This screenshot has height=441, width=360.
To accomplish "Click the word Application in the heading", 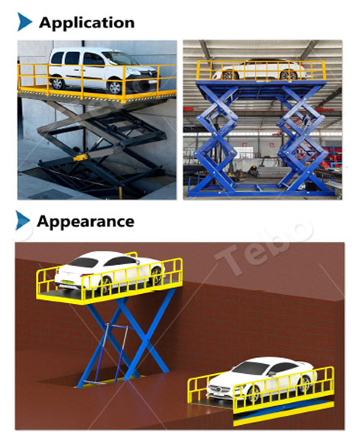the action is point(87,23).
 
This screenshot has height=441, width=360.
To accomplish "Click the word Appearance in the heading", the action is point(85,222).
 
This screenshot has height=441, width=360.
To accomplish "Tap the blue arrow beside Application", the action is point(24,21).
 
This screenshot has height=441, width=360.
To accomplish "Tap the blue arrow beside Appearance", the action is point(23,220).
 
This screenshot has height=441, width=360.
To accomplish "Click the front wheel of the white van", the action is point(115,87).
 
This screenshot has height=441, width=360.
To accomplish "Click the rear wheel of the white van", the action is point(58,83).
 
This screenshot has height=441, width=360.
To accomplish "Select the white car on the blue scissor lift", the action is point(259,69).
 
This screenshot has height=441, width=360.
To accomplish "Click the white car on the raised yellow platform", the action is point(110,271).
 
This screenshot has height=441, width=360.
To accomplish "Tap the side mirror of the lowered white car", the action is point(272,374).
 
